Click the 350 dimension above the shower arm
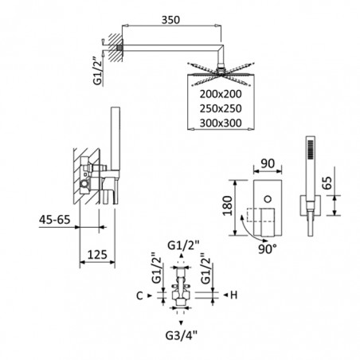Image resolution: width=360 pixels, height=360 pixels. [170, 20]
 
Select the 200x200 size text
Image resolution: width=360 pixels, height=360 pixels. [221, 94]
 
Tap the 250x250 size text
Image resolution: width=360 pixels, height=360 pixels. [221, 108]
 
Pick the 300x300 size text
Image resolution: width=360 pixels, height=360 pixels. [221, 123]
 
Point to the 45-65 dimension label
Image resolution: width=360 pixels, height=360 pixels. [55, 220]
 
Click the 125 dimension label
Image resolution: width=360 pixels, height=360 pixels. [97, 255]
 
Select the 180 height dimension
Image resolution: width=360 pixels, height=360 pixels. [228, 205]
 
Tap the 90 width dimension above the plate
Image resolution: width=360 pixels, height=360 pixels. [268, 163]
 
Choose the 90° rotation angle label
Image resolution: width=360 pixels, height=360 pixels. [268, 248]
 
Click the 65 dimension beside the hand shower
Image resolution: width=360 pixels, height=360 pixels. [328, 182]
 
